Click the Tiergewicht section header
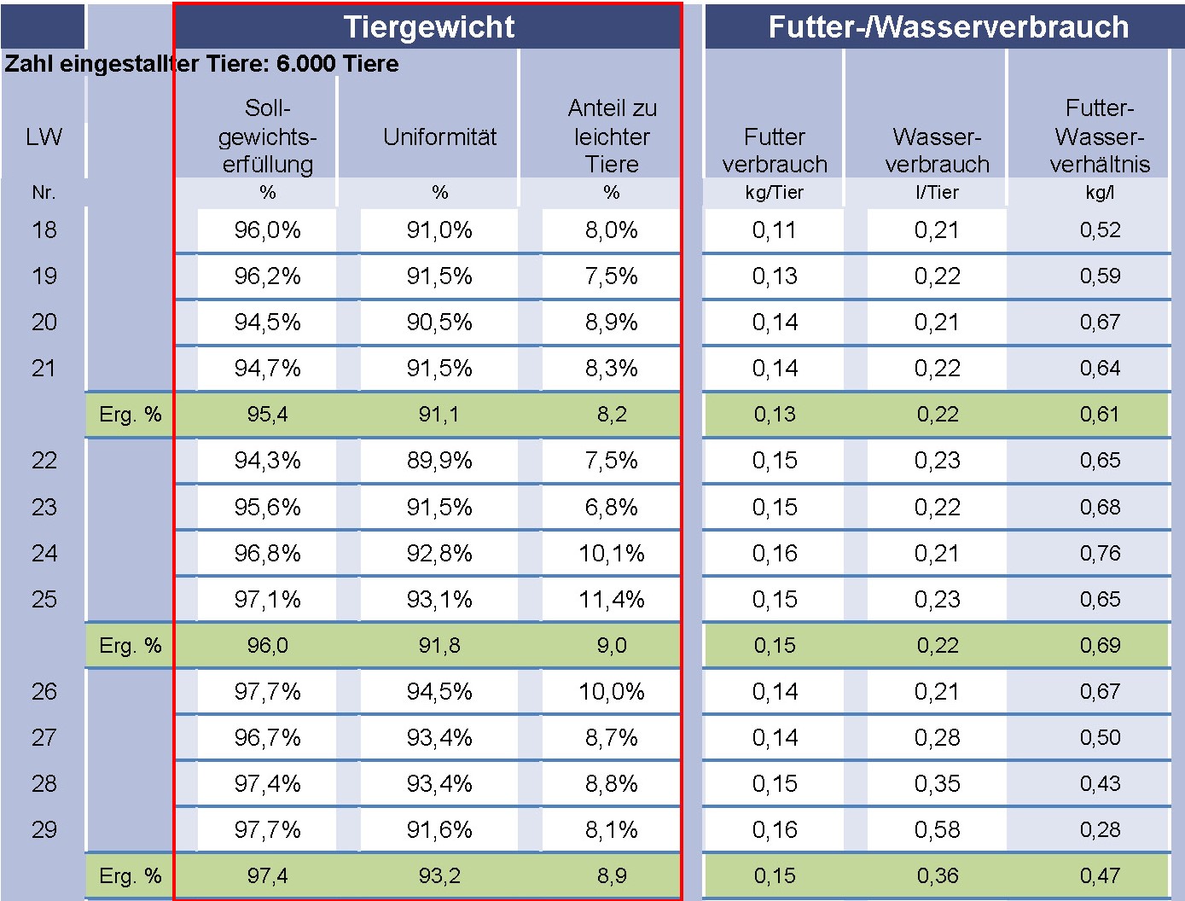428,26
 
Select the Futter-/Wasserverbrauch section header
948,26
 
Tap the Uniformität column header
439,137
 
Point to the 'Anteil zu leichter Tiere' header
612,136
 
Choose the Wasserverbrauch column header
937,150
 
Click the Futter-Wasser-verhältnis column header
1100,136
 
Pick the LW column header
44,137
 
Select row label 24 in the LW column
44,553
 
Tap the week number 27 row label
44,737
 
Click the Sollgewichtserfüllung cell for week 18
267,230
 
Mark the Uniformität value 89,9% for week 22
439,461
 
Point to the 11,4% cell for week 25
612,599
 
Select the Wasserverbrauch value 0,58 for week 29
937,829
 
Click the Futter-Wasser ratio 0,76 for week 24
1100,553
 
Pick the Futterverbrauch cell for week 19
774,276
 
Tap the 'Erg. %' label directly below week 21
130,415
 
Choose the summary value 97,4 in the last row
267,875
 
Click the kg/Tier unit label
774,193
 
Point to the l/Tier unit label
937,193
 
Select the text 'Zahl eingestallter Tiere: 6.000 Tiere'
201,64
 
